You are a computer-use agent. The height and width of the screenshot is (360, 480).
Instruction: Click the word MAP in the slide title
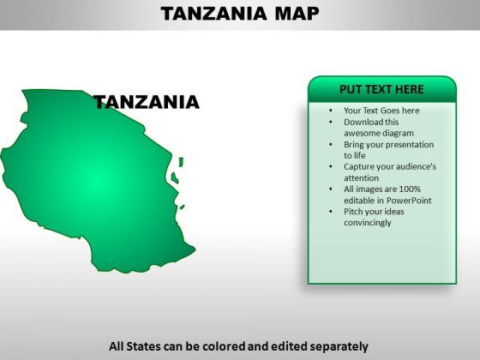pyautogui.click(x=297, y=14)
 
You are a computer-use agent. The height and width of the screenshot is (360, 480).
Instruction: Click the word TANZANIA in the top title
pyautogui.click(x=213, y=14)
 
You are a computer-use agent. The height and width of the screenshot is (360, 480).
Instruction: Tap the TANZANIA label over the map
pyautogui.click(x=147, y=102)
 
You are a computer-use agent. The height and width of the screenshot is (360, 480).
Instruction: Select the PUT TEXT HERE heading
pyautogui.click(x=381, y=89)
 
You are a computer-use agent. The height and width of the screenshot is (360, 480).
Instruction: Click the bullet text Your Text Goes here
pyautogui.click(x=381, y=111)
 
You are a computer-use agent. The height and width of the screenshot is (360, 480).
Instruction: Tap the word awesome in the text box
pyautogui.click(x=360, y=133)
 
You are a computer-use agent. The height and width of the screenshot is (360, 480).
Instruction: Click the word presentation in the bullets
pyautogui.click(x=406, y=145)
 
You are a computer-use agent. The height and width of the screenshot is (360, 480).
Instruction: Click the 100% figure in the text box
pyautogui.click(x=410, y=189)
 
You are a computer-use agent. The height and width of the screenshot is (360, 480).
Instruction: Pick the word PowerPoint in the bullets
pyautogui.click(x=409, y=201)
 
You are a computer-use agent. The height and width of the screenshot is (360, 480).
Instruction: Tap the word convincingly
pyautogui.click(x=368, y=223)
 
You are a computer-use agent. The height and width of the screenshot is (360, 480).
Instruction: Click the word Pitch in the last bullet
pyautogui.click(x=352, y=212)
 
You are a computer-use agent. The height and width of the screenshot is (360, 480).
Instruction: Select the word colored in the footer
pyautogui.click(x=224, y=346)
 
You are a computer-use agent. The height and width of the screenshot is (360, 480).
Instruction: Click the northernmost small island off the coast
pyautogui.click(x=181, y=162)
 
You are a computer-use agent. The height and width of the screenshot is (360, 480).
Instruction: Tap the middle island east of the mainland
pyautogui.click(x=175, y=178)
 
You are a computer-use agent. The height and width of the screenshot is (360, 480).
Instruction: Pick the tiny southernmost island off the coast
pyautogui.click(x=182, y=207)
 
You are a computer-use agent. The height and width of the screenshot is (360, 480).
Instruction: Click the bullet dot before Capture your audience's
pyautogui.click(x=331, y=167)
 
